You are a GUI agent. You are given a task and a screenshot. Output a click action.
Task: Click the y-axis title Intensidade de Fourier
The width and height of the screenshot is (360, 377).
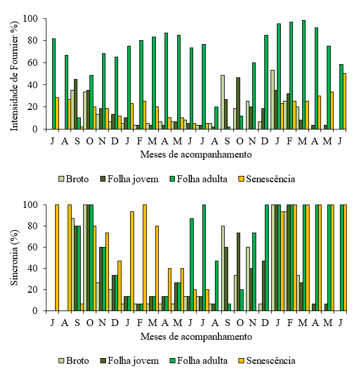pos(15,73)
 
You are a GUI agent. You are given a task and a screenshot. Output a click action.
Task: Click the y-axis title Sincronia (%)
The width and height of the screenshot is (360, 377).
pos(15,257)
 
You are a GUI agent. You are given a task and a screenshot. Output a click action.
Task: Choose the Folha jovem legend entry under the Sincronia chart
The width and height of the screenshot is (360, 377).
pos(128,360)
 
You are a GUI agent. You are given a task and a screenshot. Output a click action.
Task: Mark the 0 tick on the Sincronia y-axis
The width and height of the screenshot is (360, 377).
pos(35,311)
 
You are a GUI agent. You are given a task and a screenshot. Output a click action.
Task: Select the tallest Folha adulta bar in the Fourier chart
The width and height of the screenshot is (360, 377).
pos(303,74)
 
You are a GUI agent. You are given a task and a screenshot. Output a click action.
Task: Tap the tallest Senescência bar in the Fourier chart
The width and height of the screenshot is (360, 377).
pos(345,101)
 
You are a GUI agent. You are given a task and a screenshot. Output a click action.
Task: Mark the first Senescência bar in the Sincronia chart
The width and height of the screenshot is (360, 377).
pos(57,258)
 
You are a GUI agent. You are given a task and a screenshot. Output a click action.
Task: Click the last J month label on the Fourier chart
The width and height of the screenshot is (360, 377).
pos(340,140)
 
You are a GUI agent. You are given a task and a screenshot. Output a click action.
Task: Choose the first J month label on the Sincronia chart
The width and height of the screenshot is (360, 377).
pos(53,322)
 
